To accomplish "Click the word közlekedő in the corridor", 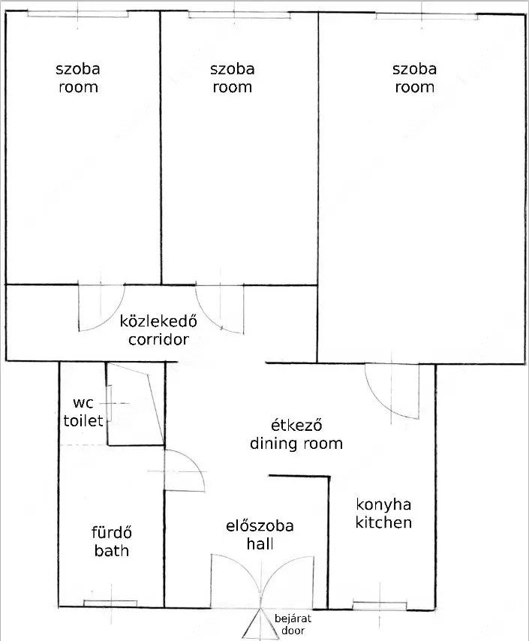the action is click(x=158, y=321).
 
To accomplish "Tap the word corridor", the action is click(x=158, y=339).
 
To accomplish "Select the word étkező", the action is click(x=296, y=425).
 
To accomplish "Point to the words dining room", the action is click(x=296, y=444).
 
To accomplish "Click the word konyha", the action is click(x=383, y=504).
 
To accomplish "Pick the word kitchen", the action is click(x=383, y=522).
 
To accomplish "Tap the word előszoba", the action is click(x=260, y=525).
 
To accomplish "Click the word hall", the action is click(x=260, y=543).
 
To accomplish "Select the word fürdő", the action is click(x=112, y=532).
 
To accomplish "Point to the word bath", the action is click(x=112, y=551).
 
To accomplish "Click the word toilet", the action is click(x=83, y=420).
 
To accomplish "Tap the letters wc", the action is click(x=83, y=403).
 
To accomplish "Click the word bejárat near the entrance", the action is click(x=293, y=618).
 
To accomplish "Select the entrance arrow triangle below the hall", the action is click(x=260, y=624).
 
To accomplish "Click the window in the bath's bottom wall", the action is click(x=110, y=603).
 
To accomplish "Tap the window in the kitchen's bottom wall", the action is click(x=380, y=606).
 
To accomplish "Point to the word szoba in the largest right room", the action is click(x=414, y=69).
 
